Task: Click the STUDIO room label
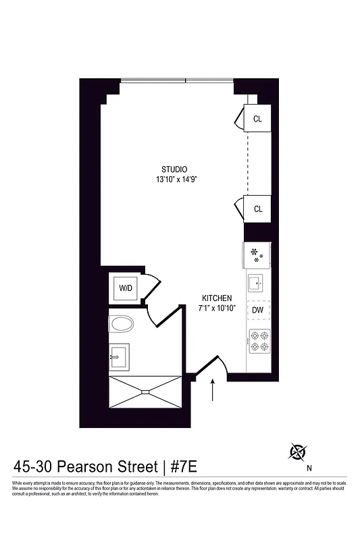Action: pos(174,169)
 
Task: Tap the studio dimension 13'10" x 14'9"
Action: pos(176,180)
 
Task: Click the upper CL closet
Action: pos(257,119)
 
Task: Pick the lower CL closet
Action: pos(257,209)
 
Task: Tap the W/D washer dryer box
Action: pos(126,288)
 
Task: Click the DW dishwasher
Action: pos(257,310)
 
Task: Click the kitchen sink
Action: pos(257,282)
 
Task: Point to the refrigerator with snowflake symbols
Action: pos(257,254)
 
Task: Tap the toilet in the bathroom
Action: pos(122,324)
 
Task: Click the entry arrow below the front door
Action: pos(213,390)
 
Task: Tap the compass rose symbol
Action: pos(298,451)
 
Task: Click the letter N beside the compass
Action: pos(309,467)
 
